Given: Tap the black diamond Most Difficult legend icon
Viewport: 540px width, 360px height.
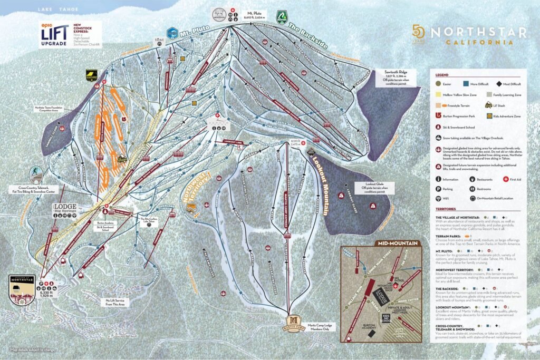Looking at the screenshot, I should [x=500, y=83].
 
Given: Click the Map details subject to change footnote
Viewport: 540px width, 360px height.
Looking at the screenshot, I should [x=33, y=349].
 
